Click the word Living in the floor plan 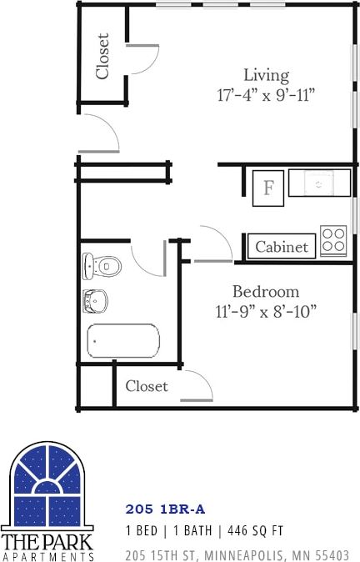click(x=266, y=74)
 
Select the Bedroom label click(x=265, y=292)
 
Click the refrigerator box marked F click(x=269, y=188)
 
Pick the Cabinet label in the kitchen click(x=282, y=247)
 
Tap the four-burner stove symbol click(x=333, y=240)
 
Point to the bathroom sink click(x=96, y=300)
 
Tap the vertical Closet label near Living click(x=102, y=56)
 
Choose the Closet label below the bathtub click(x=147, y=386)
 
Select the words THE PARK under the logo click(x=47, y=540)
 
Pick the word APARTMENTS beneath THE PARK click(x=47, y=555)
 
